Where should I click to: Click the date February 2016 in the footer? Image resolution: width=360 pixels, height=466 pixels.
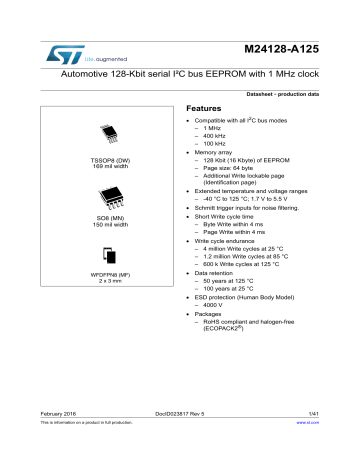tap(60, 440)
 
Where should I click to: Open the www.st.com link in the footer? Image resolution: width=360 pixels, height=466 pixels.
tap(306, 452)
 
